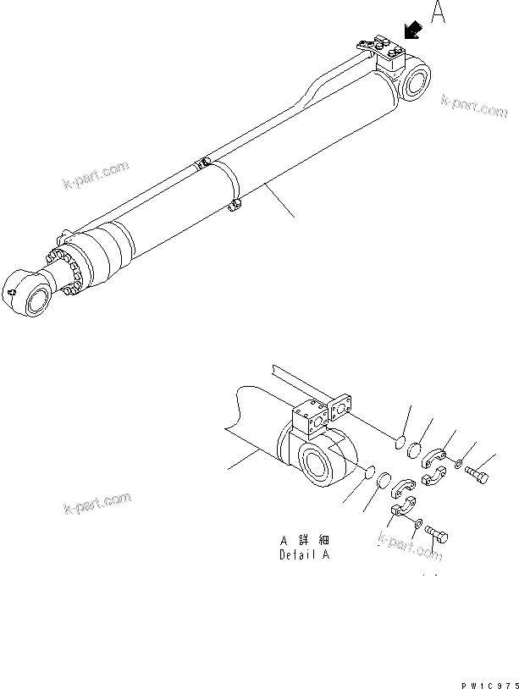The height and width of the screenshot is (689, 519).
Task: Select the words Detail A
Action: click(302, 555)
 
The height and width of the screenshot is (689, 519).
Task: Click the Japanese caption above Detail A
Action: click(302, 540)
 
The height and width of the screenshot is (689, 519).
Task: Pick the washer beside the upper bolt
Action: click(457, 465)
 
